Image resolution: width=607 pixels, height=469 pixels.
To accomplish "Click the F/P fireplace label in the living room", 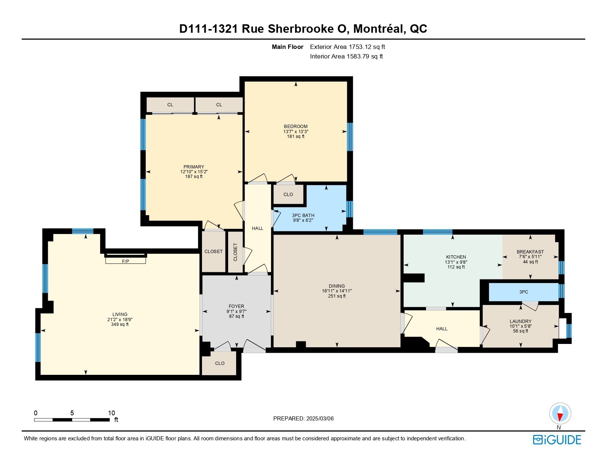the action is tap(125, 262).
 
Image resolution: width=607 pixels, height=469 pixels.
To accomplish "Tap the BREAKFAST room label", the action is tap(530, 252).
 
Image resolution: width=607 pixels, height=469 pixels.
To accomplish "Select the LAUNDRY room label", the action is tap(520, 321).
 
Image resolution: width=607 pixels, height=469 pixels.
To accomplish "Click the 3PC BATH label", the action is tap(303, 215).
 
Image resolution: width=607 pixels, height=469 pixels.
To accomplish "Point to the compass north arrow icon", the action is tap(560, 413).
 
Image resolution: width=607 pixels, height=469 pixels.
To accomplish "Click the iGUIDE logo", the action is tap(557, 440).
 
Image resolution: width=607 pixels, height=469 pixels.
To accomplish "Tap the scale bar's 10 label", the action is tap(111, 413).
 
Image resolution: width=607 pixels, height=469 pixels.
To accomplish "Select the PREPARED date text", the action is tap(303, 419).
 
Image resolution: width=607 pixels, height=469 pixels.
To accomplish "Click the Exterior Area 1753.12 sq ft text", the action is tap(348, 47).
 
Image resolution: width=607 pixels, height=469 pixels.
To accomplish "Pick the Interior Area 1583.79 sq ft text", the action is tap(347, 56).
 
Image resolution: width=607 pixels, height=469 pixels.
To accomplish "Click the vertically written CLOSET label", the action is tap(235, 252).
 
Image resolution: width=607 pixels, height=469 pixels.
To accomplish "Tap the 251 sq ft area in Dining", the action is tap(337, 296).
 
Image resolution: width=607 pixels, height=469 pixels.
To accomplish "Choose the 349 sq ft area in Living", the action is tap(120, 324).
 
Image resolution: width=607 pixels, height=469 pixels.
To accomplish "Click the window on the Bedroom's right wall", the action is tap(350, 137).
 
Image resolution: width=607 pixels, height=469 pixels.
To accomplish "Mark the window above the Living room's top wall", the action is tap(83, 231).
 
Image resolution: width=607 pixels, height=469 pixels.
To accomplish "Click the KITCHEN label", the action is tap(456, 257).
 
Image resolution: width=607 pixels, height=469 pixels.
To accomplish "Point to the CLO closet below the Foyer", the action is tap(220, 363).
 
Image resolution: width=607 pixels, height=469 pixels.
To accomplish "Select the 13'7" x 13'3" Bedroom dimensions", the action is tap(295, 132).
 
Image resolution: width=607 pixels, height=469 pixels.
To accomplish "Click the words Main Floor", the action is tap(287, 47).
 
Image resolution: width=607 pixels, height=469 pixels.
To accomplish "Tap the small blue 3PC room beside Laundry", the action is tap(523, 292).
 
